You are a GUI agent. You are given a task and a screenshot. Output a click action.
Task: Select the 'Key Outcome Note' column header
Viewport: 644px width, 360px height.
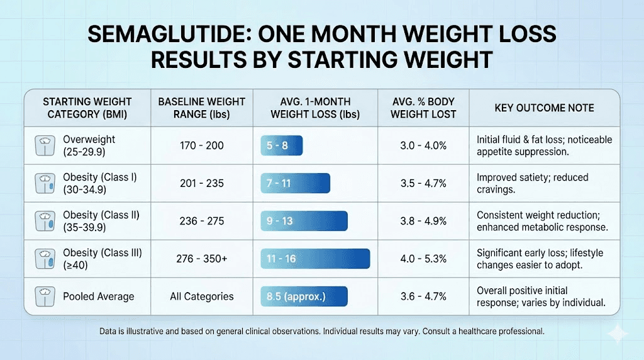coord(544,108)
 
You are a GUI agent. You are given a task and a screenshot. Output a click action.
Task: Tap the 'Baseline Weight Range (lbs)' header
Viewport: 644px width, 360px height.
coord(201,108)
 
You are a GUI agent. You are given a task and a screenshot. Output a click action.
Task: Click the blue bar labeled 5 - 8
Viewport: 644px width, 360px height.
coord(282,145)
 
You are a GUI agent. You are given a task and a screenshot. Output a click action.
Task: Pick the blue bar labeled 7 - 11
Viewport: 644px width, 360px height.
coord(295,183)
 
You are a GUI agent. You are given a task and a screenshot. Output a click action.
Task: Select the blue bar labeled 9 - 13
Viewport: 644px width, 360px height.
coord(304,221)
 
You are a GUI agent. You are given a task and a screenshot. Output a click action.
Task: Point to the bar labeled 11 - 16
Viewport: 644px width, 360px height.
coord(315,259)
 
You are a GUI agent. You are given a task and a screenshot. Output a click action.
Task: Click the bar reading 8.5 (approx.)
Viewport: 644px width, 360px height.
coord(304,296)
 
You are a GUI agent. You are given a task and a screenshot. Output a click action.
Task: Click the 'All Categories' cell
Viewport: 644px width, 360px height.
coord(201,296)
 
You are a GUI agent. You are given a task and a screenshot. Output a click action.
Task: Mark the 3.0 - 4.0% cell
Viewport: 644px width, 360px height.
coord(423,145)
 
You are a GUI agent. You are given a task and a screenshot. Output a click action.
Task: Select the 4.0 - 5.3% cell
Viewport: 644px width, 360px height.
coord(423,259)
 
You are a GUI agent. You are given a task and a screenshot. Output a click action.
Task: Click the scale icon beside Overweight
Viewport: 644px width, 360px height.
coord(43,145)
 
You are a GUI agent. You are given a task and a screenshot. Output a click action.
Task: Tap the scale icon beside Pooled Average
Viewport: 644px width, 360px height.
coord(43,296)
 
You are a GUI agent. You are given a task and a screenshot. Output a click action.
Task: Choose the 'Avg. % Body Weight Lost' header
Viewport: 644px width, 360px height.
coord(423,108)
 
